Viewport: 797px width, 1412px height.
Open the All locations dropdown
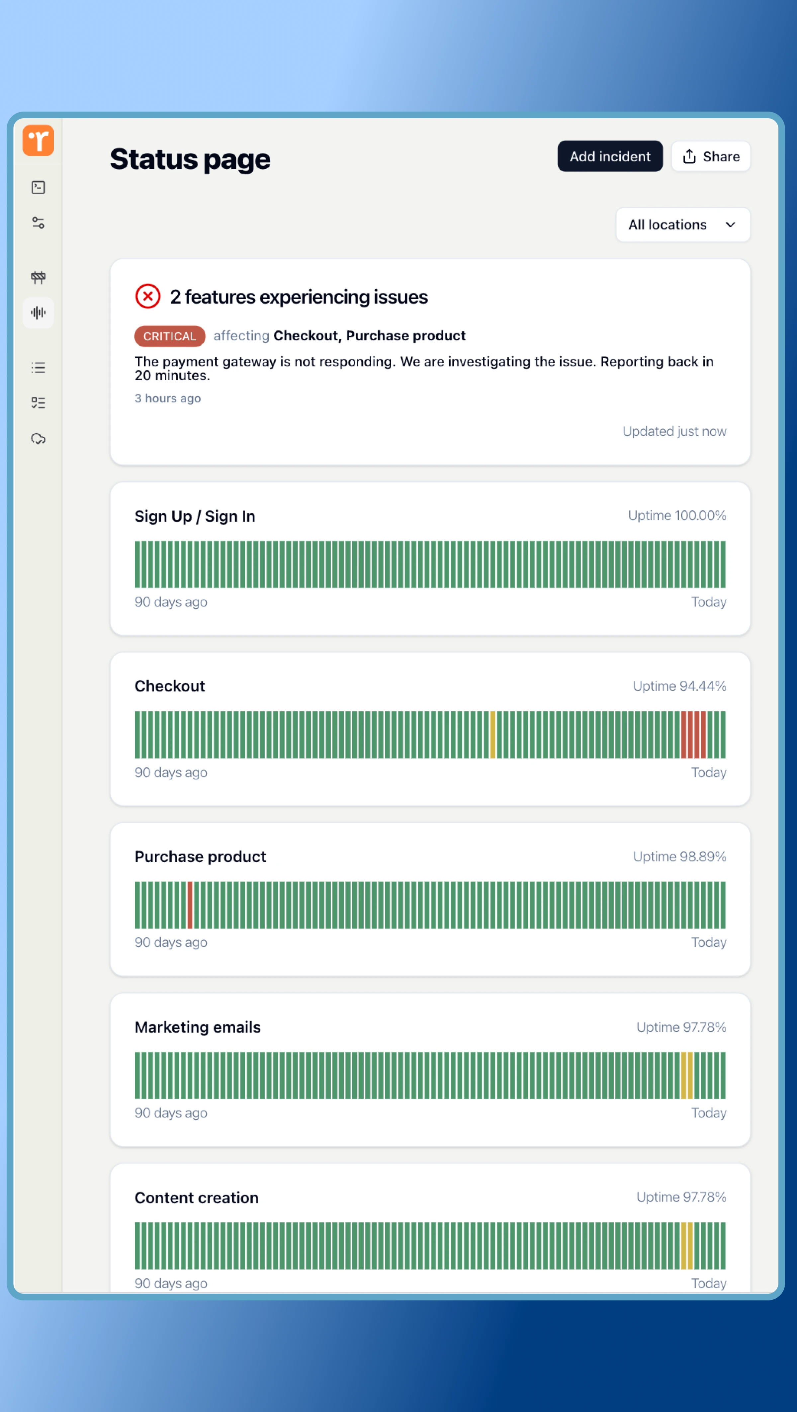click(682, 225)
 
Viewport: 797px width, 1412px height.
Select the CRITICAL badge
click(169, 336)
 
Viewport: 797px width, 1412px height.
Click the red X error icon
click(147, 297)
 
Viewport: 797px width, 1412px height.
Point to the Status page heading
click(190, 159)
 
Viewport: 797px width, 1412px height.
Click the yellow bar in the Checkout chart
click(492, 735)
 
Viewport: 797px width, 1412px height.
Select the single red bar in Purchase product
click(190, 905)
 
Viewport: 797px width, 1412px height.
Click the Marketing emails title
click(197, 1027)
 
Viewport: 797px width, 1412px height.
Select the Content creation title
click(196, 1198)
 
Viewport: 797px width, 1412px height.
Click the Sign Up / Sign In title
click(195, 516)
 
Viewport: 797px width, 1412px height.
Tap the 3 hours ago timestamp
click(168, 398)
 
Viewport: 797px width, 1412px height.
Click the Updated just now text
click(674, 431)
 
